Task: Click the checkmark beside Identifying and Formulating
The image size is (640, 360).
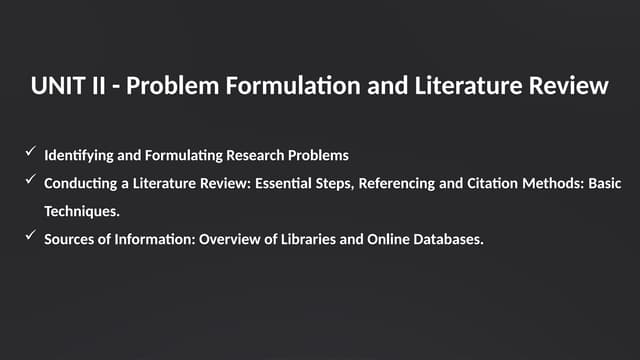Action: click(x=30, y=153)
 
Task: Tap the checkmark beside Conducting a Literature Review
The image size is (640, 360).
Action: click(x=30, y=181)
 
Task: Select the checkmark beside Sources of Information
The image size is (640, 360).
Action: click(x=30, y=237)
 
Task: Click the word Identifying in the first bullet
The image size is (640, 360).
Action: click(x=73, y=155)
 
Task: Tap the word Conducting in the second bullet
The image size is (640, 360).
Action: click(x=77, y=183)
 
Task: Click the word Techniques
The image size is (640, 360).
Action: click(x=82, y=212)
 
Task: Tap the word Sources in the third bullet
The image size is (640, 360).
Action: click(x=67, y=240)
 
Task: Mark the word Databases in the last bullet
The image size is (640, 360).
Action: click(x=447, y=240)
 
